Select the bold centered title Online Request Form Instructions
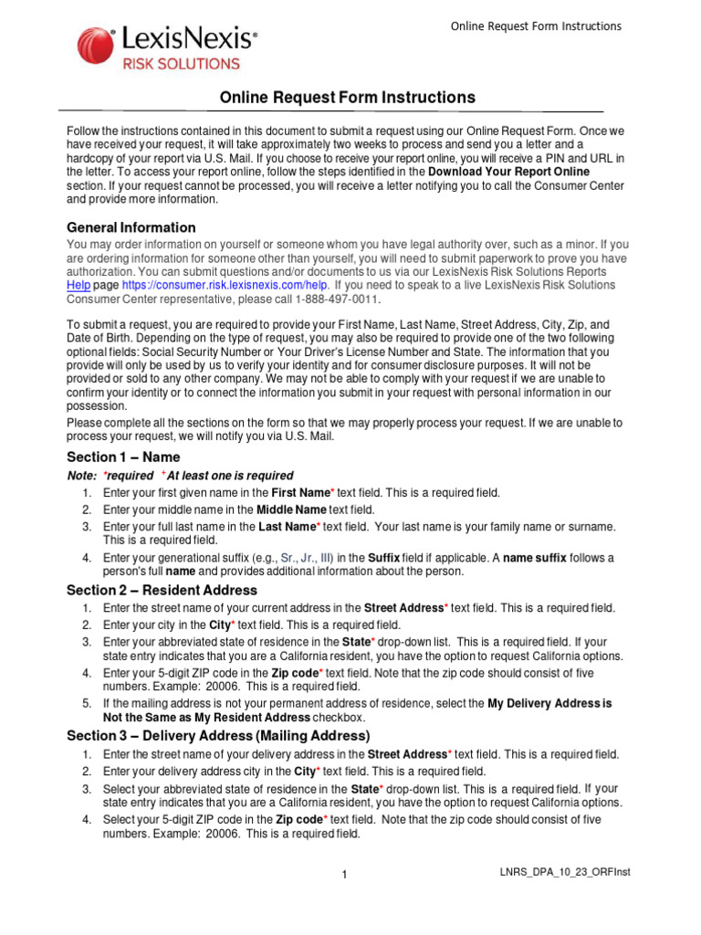click(x=348, y=98)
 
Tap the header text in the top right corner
click(x=536, y=26)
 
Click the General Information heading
click(x=131, y=227)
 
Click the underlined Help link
click(x=78, y=285)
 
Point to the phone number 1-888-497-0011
click(x=334, y=299)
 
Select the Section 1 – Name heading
click(x=123, y=457)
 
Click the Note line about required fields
click(x=181, y=476)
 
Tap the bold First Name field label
click(x=300, y=492)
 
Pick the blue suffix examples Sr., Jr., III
click(x=307, y=558)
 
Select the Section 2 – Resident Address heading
click(x=162, y=590)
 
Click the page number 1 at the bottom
click(x=345, y=876)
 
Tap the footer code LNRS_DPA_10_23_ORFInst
click(x=560, y=872)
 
